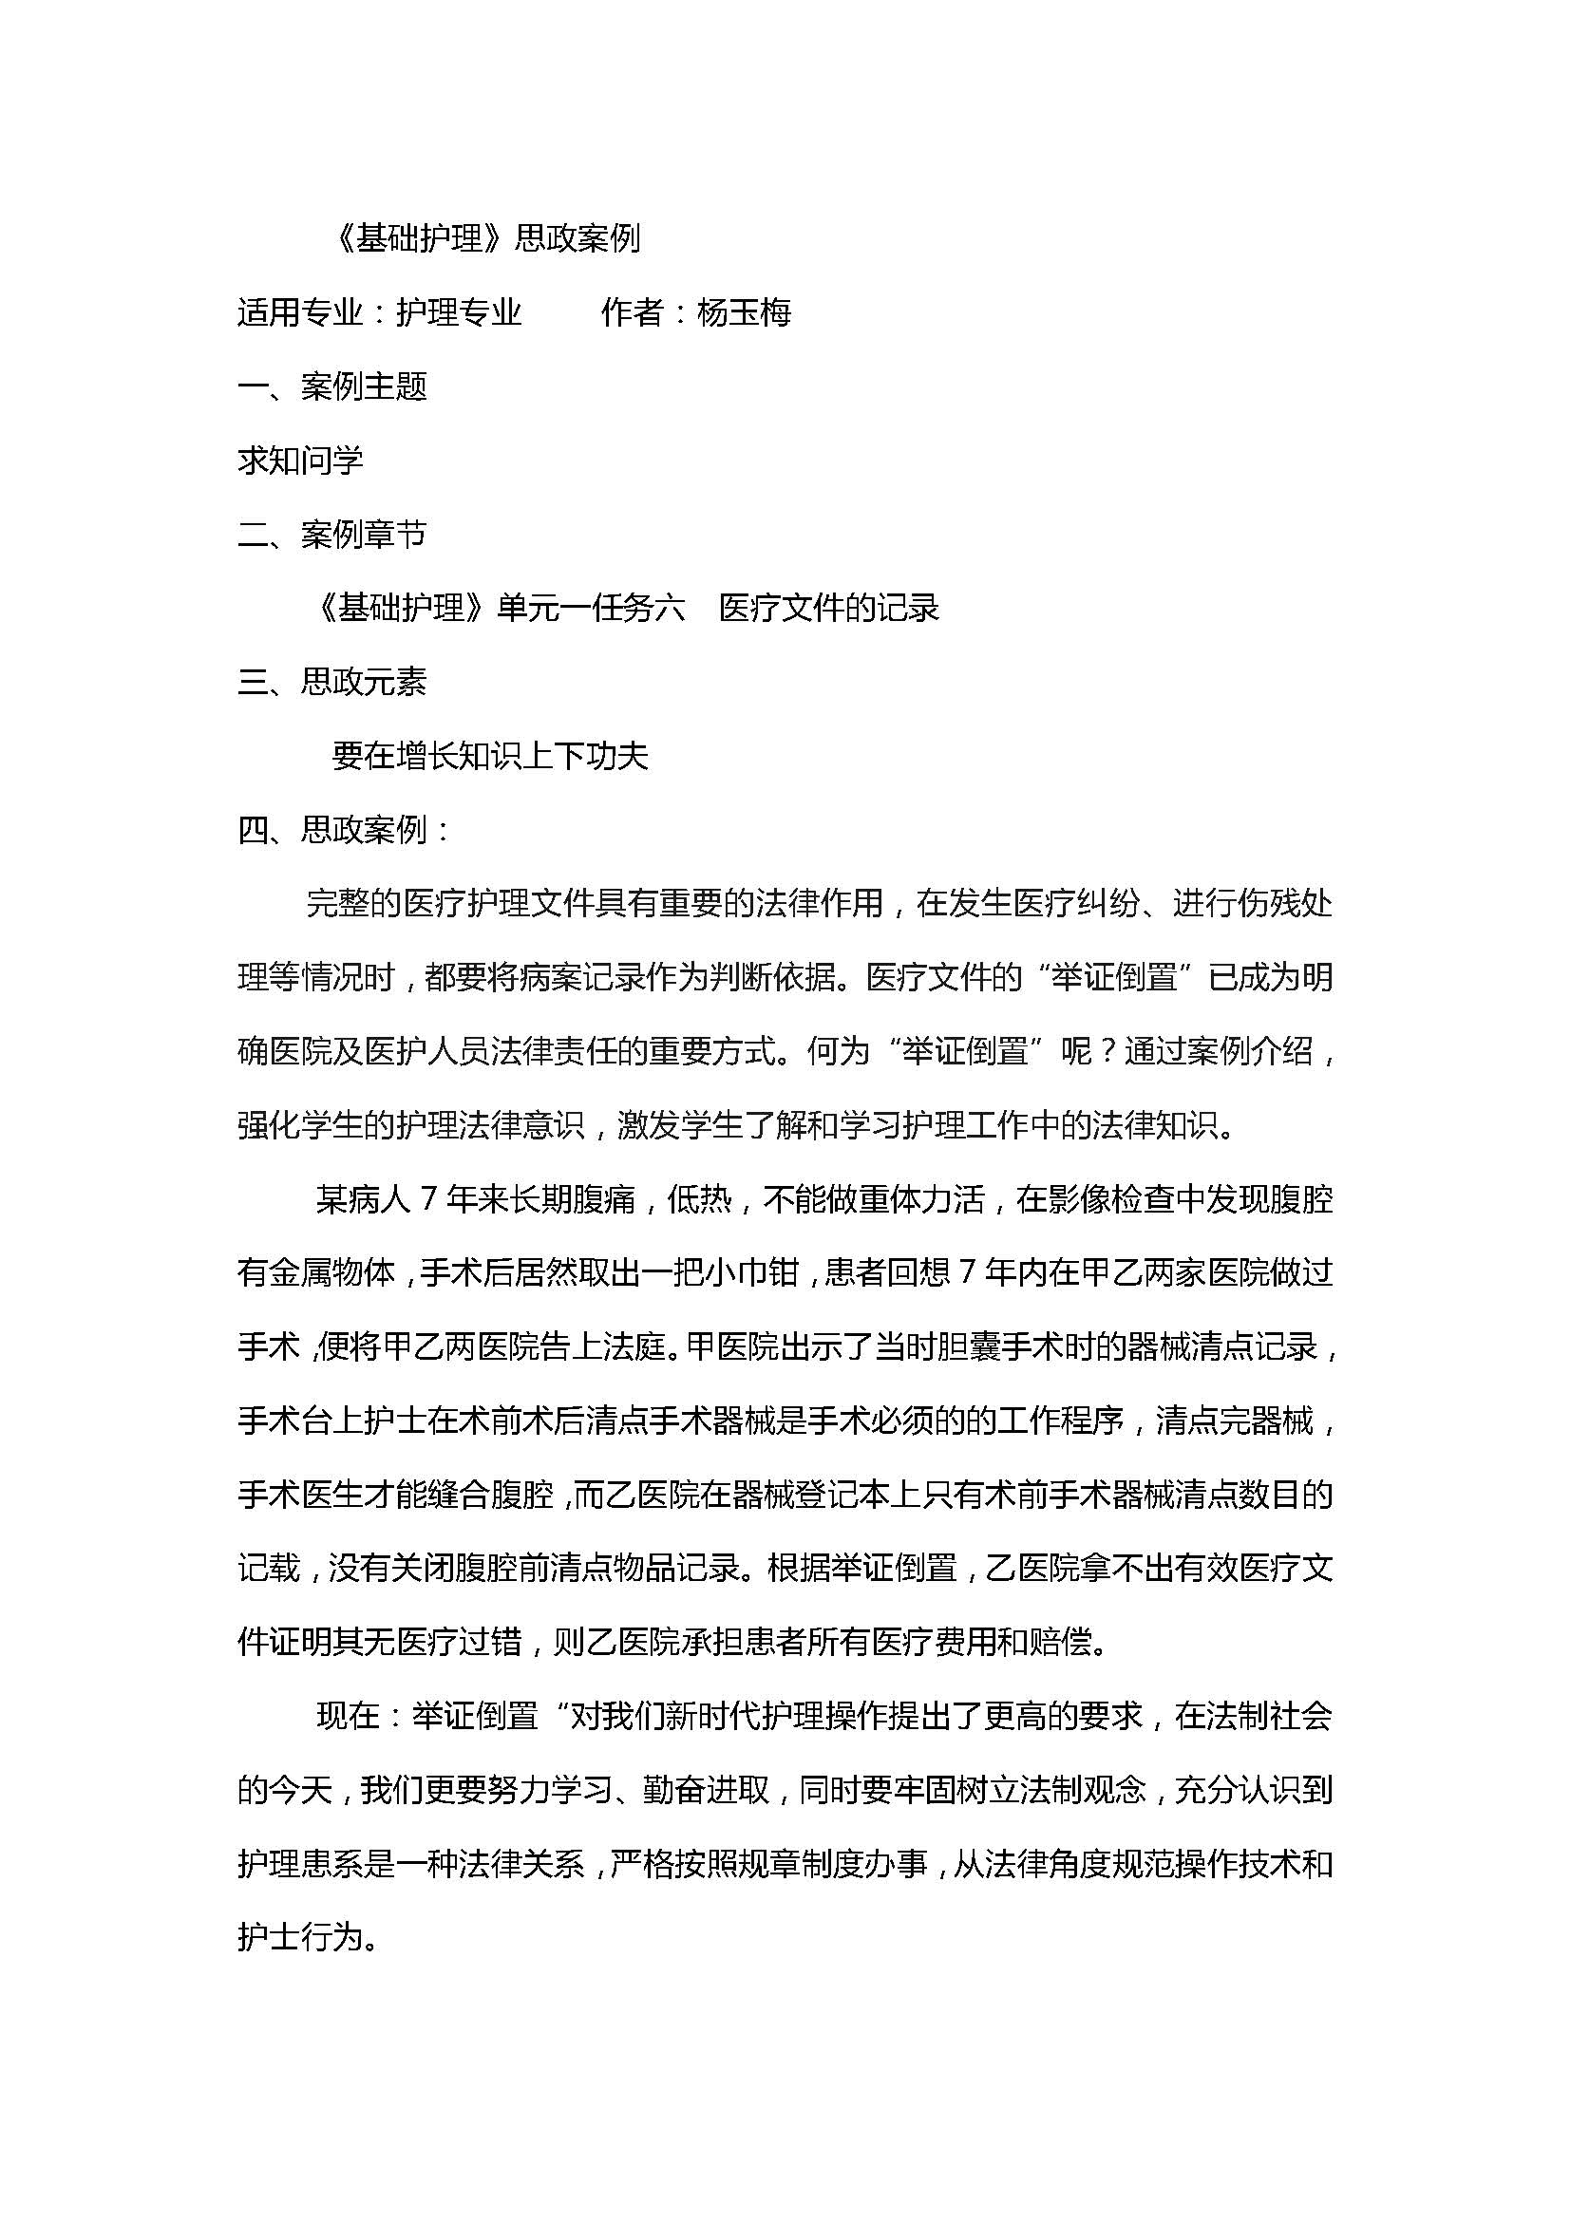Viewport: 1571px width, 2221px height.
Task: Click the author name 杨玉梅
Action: pyautogui.click(x=744, y=312)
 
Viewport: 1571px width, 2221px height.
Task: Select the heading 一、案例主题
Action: pyautogui.click(x=331, y=386)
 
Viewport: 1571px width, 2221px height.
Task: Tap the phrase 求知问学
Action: pyautogui.click(x=300, y=461)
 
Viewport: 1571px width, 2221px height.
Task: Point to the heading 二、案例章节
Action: pyautogui.click(x=331, y=534)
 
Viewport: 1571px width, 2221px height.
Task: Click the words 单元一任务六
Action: pyautogui.click(x=591, y=609)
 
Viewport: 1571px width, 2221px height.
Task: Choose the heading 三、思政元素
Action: pyautogui.click(x=331, y=682)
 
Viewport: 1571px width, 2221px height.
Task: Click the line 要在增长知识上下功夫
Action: pyautogui.click(x=489, y=756)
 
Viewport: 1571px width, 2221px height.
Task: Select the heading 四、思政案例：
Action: pyautogui.click(x=344, y=830)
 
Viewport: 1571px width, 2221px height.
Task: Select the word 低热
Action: pyautogui.click(x=699, y=1199)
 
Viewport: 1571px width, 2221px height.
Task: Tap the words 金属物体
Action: pyautogui.click(x=331, y=1273)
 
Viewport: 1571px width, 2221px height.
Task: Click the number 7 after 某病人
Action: pyautogui.click(x=428, y=1199)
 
